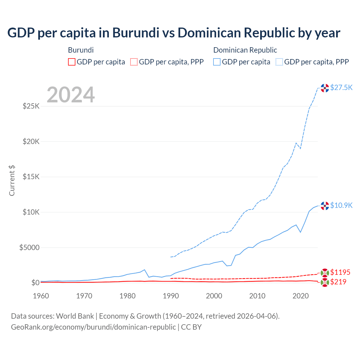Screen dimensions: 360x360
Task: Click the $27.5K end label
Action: [341, 87]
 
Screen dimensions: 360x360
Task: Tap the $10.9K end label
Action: [341, 205]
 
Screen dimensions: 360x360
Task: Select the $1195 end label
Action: [340, 272]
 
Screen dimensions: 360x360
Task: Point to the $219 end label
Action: [338, 282]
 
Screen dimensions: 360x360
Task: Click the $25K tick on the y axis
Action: [31, 106]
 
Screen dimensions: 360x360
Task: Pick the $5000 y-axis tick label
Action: [29, 247]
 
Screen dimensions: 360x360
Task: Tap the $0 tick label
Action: [35, 283]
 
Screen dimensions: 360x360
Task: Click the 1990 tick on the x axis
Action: [171, 296]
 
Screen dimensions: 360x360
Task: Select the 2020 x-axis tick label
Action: [301, 296]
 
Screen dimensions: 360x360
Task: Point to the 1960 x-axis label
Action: [41, 296]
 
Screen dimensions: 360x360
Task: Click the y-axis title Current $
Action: [12, 181]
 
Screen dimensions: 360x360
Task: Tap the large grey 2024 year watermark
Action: [71, 95]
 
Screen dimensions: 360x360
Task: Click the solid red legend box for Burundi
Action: [72, 62]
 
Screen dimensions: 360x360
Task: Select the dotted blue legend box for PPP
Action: [279, 62]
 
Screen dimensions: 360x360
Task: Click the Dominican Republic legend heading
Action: [245, 50]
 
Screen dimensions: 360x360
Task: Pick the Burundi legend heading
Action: [81, 50]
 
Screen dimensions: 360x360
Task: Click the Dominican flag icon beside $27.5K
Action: [325, 88]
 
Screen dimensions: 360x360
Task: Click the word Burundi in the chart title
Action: [134, 33]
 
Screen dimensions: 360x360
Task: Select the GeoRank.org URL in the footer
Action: [93, 327]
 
